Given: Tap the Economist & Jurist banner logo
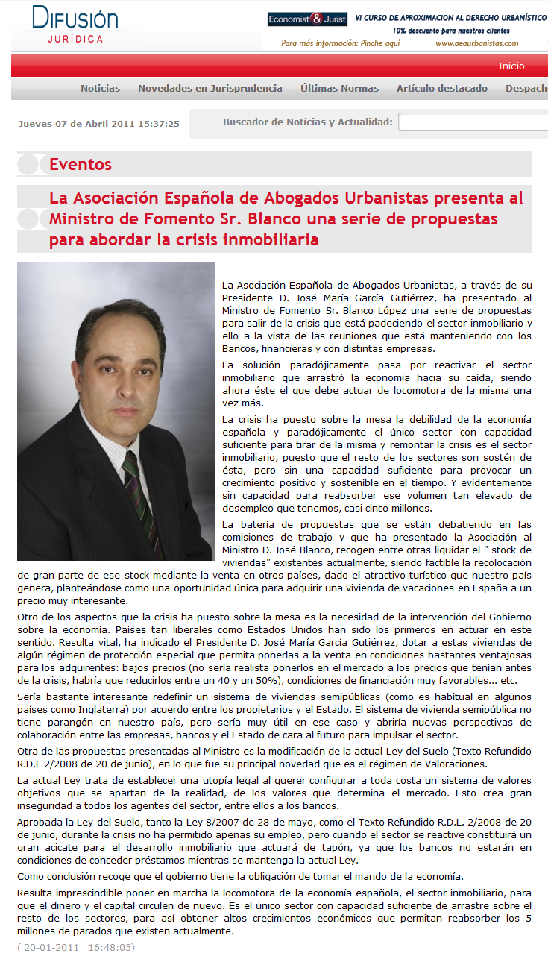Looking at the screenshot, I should (306, 19).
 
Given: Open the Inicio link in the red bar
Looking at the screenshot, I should (511, 66).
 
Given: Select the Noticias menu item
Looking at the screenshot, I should (100, 89).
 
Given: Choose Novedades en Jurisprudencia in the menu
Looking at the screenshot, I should (210, 89).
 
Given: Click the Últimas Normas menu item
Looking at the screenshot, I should (339, 89).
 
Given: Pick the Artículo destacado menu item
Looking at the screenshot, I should (441, 89).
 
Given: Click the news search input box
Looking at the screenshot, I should (473, 122).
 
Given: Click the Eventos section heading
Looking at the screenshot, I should (81, 165).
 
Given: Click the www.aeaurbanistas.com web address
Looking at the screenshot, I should (476, 43).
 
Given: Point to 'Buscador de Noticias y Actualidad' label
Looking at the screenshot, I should (307, 122).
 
